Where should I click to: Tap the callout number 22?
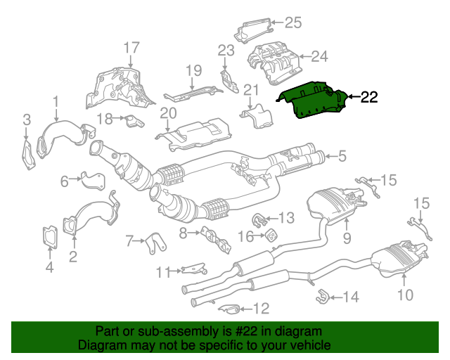[x=370, y=98]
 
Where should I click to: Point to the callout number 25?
[x=292, y=22]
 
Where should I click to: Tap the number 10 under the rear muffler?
[x=406, y=295]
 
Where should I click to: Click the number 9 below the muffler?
[x=346, y=238]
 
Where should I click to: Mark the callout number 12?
[x=261, y=307]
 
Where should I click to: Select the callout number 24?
[x=320, y=56]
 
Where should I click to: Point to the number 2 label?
[x=72, y=257]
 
